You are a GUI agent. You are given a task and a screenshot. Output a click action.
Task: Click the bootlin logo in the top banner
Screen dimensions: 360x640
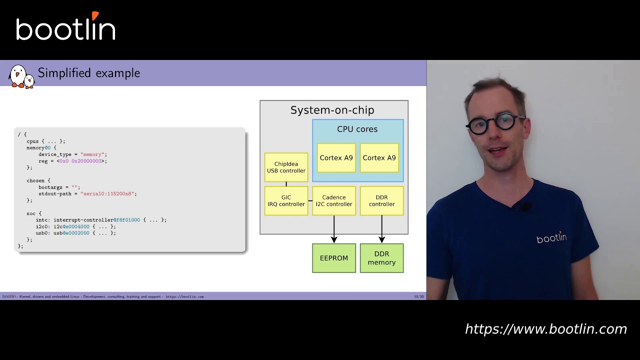coord(65,28)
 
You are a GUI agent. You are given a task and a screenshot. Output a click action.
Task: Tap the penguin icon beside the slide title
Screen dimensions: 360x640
coord(21,76)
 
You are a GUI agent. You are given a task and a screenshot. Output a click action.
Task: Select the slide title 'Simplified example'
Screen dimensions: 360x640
coord(88,73)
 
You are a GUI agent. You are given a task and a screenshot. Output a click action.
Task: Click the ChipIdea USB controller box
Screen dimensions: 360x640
coord(286,167)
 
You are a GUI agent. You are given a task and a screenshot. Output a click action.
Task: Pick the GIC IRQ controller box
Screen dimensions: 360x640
coord(286,201)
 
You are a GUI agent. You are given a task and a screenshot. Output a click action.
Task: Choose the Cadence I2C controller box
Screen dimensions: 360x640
coord(334,201)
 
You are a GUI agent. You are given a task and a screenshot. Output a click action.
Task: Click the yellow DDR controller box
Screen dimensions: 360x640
coord(381,201)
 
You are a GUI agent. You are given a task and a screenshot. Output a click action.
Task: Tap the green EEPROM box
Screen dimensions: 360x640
coord(334,258)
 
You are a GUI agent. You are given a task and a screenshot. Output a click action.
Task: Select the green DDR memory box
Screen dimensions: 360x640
coord(381,258)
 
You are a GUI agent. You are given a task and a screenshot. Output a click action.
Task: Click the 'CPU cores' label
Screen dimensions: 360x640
coord(357,129)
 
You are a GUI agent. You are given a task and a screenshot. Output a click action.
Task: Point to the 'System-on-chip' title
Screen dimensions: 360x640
coord(332,110)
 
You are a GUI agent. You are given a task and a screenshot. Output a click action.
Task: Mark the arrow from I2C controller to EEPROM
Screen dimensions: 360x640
coord(334,229)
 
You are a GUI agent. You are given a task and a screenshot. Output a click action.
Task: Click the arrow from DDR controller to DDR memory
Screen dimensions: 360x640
coord(381,229)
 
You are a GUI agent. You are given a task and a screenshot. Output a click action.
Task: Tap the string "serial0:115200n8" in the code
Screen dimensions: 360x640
coord(108,193)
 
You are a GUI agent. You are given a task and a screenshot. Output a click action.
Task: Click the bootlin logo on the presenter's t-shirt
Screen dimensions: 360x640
coord(551,238)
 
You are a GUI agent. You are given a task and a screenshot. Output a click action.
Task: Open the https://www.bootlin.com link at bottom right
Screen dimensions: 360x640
coord(545,329)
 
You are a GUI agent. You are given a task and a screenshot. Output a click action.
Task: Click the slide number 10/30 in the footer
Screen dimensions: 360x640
coord(418,296)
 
